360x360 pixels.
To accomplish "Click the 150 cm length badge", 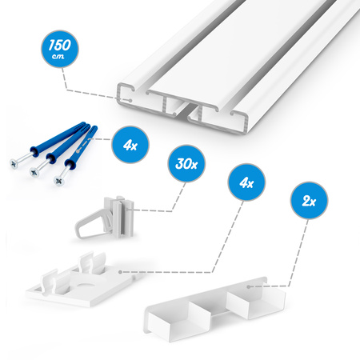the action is coord(60,49).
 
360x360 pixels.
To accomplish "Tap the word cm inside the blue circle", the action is coord(58,56).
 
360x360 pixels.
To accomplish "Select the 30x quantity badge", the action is coord(186,163).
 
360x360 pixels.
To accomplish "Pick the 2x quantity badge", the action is coord(309,201).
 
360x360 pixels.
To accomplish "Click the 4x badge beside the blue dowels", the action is coord(130,144).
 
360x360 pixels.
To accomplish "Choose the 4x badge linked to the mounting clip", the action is coord(246,182).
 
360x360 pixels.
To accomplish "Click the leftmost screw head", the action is coord(14,163).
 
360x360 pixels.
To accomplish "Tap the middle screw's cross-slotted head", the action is coord(34,172).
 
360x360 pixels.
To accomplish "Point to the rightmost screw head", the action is coord(58,181).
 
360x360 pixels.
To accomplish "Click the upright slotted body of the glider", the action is coord(122,217).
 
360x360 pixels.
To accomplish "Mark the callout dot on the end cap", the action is coord(249,287).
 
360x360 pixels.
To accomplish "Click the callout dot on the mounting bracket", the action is coord(120,272).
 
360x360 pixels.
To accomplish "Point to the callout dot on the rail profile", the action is coord(130,101).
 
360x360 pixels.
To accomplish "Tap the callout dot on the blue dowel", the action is coord(78,151).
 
